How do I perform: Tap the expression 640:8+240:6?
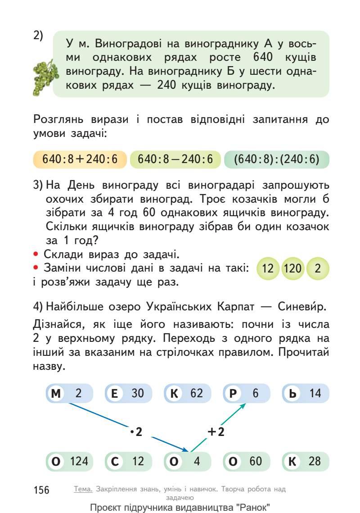click(80, 159)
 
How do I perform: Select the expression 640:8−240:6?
click(175, 159)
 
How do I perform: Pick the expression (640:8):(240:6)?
click(276, 159)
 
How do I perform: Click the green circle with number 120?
click(292, 270)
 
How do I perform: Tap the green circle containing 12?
click(268, 270)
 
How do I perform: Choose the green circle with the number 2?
click(317, 270)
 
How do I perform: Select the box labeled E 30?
click(128, 393)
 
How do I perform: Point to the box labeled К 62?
click(187, 393)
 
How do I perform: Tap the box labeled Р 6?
click(246, 393)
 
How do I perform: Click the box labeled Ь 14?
click(306, 393)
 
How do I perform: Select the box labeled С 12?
click(128, 461)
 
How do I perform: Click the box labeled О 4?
click(187, 461)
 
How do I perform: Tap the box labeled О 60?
click(246, 461)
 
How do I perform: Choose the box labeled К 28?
click(306, 461)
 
